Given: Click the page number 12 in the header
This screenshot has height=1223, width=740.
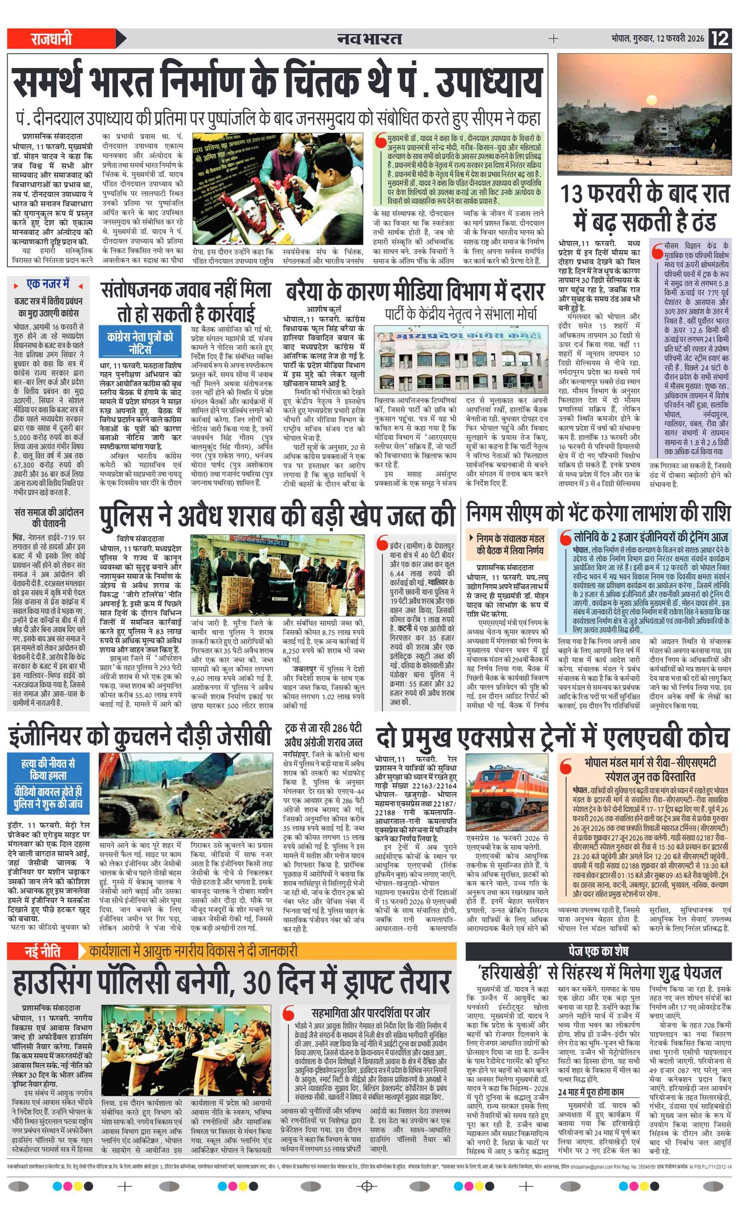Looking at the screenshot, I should coord(720,38).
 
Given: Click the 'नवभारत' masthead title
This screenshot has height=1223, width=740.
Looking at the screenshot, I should coord(369,39).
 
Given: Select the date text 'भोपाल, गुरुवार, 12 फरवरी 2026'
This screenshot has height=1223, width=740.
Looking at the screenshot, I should coord(657,39).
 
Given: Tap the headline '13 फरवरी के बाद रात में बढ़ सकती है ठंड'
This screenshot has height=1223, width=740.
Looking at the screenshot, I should coord(644,208).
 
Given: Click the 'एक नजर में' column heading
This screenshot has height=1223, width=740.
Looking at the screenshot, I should coord(48,284).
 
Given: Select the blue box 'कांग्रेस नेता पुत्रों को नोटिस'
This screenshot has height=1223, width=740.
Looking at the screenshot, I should coord(141,342).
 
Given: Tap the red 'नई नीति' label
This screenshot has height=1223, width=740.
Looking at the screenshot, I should coord(43,952).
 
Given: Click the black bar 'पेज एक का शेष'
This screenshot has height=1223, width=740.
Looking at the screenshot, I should coord(598,951).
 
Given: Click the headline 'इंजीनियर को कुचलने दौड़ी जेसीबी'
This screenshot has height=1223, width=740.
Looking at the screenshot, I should coord(140,736).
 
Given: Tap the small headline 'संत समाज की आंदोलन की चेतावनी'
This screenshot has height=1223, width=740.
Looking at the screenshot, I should coord(49,518).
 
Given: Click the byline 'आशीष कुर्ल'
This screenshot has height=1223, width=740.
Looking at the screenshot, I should coord(324,309).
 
